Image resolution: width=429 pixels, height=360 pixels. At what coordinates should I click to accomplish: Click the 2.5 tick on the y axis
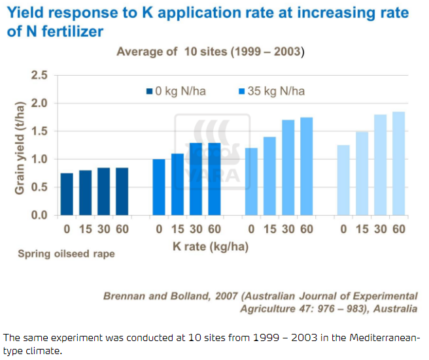(39, 76)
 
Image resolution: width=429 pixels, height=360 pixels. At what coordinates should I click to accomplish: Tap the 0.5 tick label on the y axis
(39, 188)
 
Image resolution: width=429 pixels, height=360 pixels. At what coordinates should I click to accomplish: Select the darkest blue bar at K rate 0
(67, 194)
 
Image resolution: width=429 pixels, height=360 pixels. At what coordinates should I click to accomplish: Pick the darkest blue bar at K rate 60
(122, 191)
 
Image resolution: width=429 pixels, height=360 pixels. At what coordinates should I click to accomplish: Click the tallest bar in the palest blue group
(399, 163)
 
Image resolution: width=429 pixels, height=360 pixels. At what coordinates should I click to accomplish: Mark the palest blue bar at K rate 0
(343, 180)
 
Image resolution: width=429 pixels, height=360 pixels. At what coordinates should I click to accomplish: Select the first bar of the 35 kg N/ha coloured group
(159, 187)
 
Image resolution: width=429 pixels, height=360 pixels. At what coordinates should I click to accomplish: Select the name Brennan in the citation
(127, 295)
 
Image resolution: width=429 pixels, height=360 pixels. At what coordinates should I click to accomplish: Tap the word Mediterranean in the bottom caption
(383, 338)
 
